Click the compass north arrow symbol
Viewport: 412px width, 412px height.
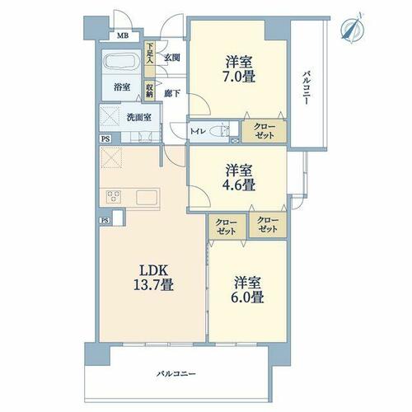tap(353, 28)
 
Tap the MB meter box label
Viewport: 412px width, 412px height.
tap(123, 35)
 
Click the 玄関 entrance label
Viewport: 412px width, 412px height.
tap(172, 58)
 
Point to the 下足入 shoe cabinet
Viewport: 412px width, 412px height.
tap(150, 59)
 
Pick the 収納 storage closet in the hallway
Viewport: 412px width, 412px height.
tap(149, 91)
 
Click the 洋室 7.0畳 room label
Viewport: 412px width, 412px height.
tap(239, 69)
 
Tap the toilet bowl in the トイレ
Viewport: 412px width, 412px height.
tap(220, 131)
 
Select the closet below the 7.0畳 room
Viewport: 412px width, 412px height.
tap(265, 131)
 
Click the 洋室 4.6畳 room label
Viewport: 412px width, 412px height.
tap(239, 178)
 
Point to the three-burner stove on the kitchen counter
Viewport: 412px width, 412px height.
tap(113, 197)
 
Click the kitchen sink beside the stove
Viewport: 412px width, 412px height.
tap(147, 197)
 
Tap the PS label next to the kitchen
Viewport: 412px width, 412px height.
tap(105, 220)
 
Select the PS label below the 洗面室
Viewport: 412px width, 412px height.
tap(105, 138)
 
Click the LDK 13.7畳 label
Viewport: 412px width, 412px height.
tap(154, 278)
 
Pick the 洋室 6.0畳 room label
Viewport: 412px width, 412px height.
tap(247, 289)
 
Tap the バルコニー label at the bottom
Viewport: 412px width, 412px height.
tap(176, 374)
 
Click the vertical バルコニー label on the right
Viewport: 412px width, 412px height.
tap(307, 88)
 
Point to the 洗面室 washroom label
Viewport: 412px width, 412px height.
tap(139, 118)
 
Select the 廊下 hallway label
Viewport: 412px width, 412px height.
tap(172, 94)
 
